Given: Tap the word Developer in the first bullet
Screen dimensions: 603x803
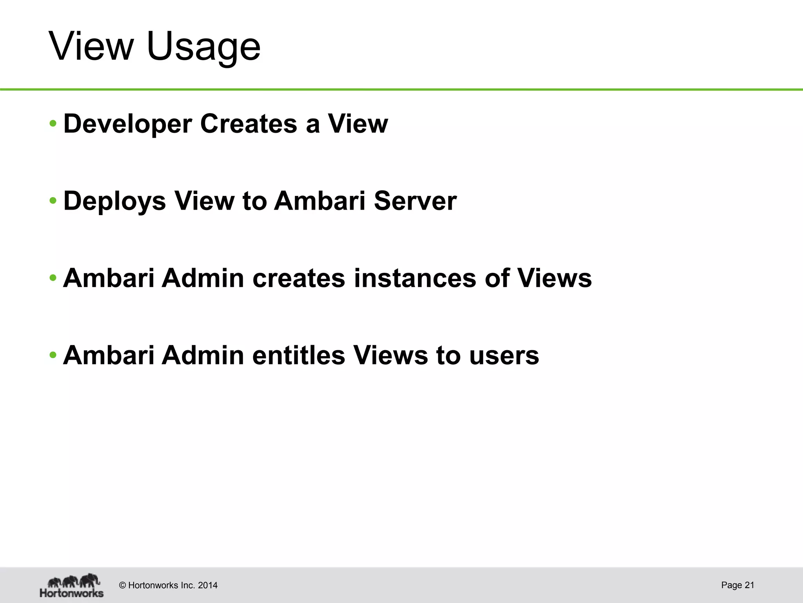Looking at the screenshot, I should coord(128,124).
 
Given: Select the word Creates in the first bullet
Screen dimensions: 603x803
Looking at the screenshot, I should coord(249,124).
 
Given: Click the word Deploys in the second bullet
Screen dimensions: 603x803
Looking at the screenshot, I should coord(114,201).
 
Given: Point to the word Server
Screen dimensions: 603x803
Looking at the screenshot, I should coord(415,201).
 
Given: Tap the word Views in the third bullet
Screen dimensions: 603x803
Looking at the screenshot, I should coord(554,278).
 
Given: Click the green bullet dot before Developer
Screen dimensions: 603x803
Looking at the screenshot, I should coord(53,124).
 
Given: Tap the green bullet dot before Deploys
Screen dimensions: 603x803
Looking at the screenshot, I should coord(53,201).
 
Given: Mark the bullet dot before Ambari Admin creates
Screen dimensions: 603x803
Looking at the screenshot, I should coord(53,278).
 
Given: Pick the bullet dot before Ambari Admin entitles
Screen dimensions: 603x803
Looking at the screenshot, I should coord(53,356).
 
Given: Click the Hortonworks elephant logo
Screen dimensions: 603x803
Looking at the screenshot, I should coord(72,585).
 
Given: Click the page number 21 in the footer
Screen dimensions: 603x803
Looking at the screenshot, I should coord(749,585).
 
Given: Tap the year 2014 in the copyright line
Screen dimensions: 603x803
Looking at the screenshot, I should coord(207,585).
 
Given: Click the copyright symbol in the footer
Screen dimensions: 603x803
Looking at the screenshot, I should coord(122,585).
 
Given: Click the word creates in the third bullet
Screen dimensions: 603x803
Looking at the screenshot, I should coord(298,278).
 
